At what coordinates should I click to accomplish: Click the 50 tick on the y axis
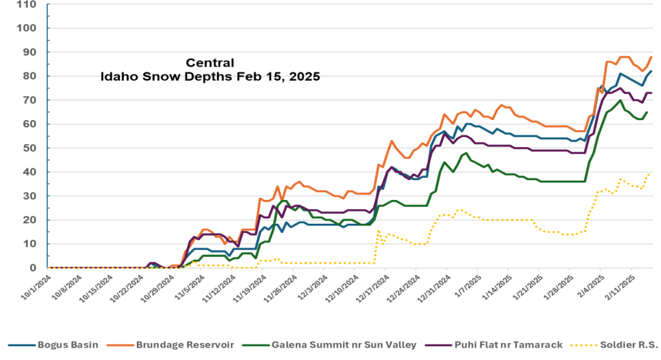[x=31, y=148]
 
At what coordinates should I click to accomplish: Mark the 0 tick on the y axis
[x=34, y=268]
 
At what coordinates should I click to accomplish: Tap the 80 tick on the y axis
[x=31, y=76]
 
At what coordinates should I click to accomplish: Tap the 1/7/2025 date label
[x=465, y=285]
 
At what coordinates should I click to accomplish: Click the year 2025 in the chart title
[x=301, y=75]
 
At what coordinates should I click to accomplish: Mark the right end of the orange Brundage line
[x=651, y=57]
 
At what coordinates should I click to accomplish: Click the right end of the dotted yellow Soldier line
[x=649, y=174]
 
